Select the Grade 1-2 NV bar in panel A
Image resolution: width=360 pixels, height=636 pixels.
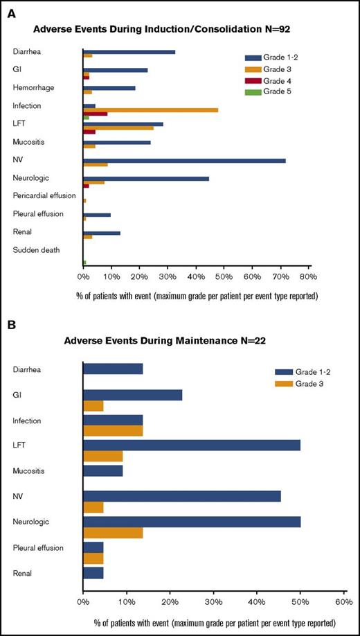pyautogui.click(x=183, y=160)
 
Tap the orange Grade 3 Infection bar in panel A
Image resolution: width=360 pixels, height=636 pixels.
pyautogui.click(x=150, y=109)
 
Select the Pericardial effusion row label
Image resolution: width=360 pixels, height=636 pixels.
pyautogui.click(x=44, y=195)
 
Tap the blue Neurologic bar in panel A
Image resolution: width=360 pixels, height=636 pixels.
pyautogui.click(x=145, y=178)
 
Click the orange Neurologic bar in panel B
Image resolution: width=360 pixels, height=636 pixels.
pyautogui.click(x=112, y=533)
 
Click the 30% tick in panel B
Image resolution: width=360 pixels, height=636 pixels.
pyautogui.click(x=213, y=601)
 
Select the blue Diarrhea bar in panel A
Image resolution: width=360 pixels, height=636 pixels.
pyautogui.click(x=129, y=52)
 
